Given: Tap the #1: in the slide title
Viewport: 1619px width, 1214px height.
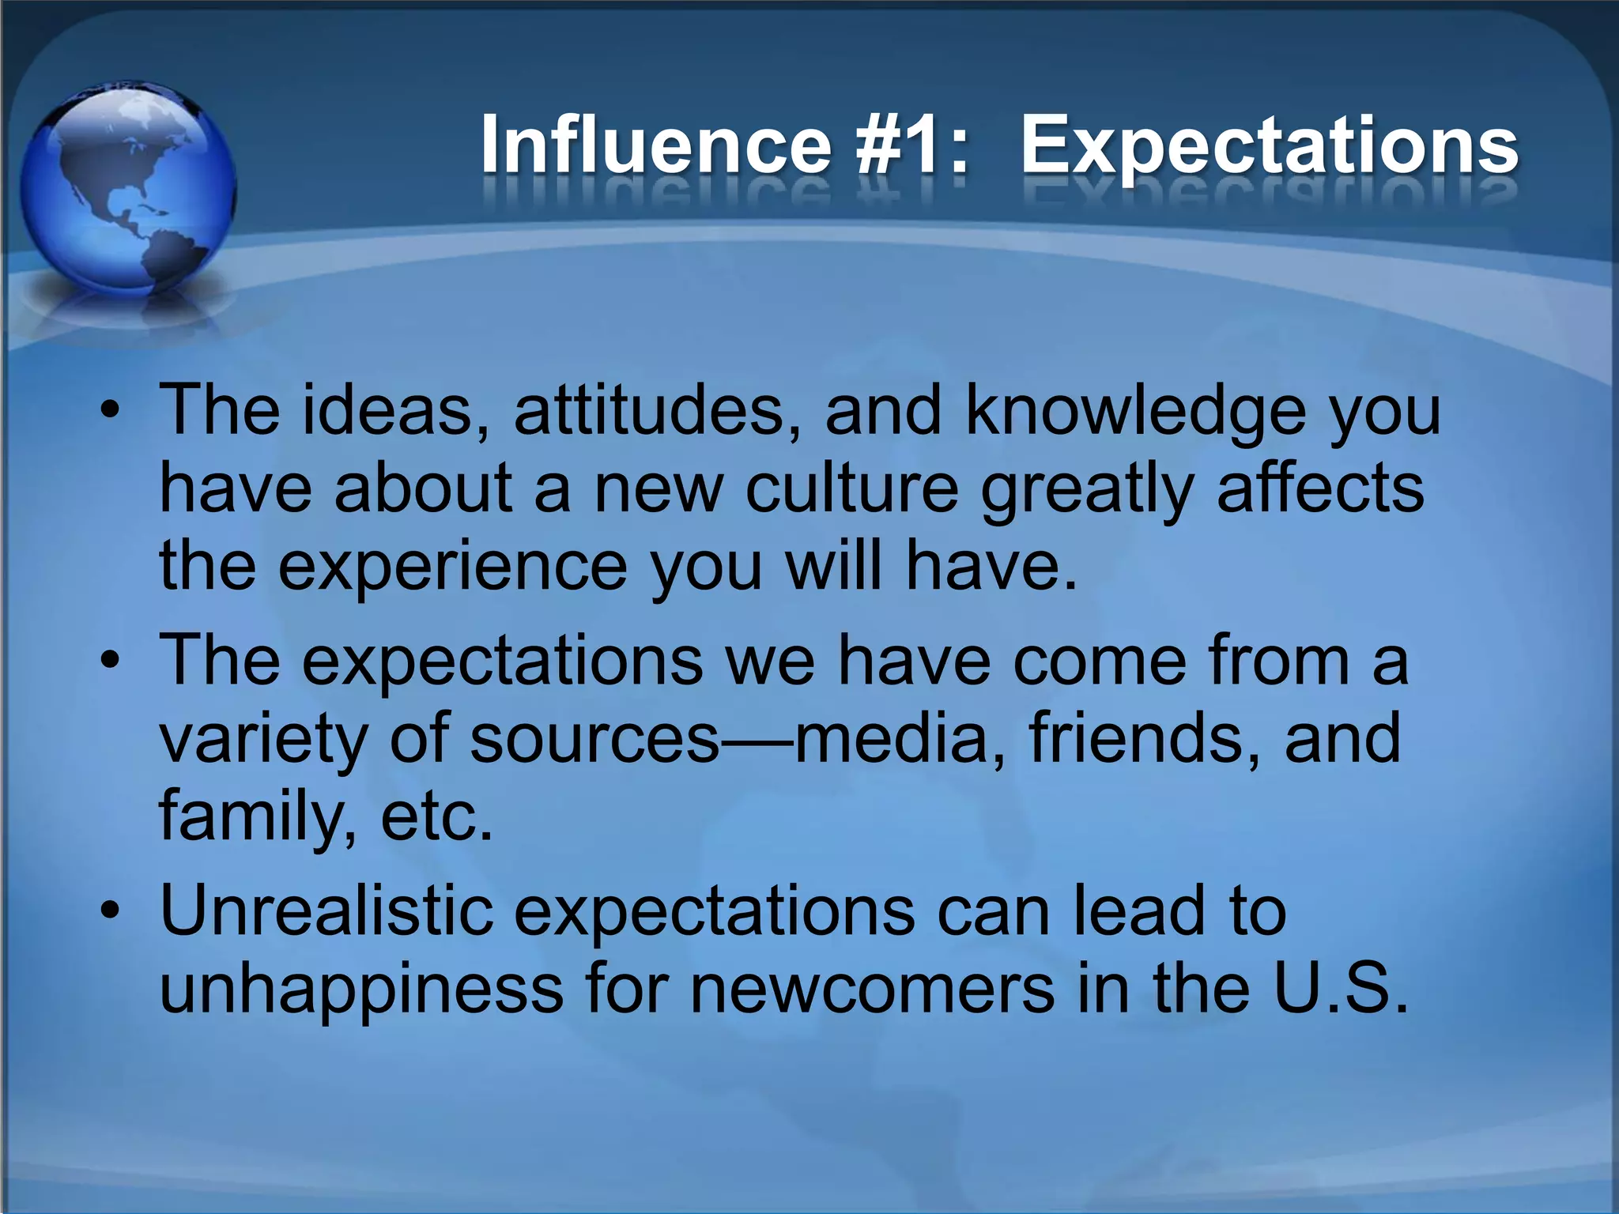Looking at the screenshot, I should pos(911,144).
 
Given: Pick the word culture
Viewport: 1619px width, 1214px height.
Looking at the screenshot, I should pos(852,488).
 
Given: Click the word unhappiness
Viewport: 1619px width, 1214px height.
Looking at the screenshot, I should pos(360,990).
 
